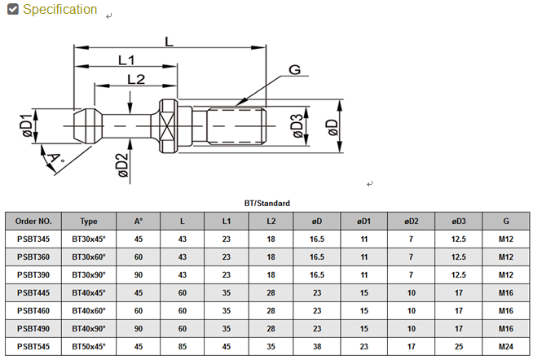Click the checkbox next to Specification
click(x=12, y=10)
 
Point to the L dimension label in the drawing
click(x=169, y=41)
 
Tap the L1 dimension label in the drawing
click(x=126, y=60)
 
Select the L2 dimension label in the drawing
click(x=135, y=79)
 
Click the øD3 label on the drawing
click(x=297, y=126)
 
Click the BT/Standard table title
click(x=266, y=203)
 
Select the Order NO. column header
click(x=33, y=221)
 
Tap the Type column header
click(x=89, y=221)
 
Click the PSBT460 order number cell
click(x=33, y=310)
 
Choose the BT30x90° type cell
click(x=89, y=274)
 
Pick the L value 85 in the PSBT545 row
click(x=182, y=346)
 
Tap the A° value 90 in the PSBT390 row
click(x=138, y=274)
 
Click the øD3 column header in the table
click(x=459, y=221)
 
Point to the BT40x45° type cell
click(x=89, y=292)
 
